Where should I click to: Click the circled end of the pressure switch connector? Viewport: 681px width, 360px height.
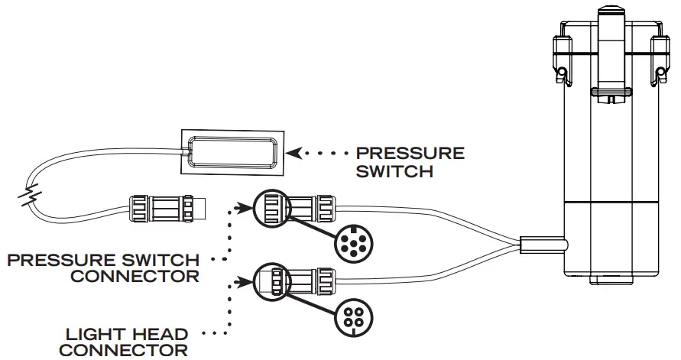pos(268,207)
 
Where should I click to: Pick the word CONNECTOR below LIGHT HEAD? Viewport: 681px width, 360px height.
pos(124,351)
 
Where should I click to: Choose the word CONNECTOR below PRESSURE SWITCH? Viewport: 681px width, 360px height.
pos(135,276)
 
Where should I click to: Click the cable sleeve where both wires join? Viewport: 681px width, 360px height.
pos(543,245)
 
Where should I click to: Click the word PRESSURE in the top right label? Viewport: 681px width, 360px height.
pos(410,153)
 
